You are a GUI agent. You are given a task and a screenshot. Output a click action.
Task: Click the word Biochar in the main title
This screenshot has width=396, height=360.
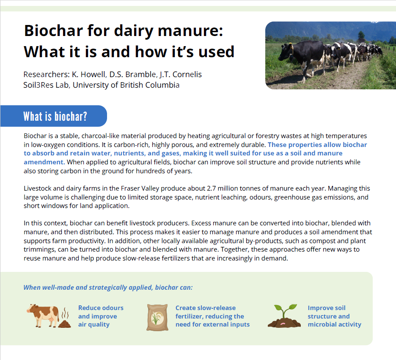(x=53, y=30)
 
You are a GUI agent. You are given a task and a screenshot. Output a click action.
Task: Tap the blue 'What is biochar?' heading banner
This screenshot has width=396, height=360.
(x=54, y=116)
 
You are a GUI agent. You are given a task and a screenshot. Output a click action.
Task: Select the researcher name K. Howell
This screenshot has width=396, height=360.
(x=88, y=74)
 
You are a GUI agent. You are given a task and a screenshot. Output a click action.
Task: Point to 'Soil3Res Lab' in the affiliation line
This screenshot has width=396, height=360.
(x=46, y=85)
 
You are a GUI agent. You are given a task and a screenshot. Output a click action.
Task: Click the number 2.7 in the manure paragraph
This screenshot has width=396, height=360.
(x=212, y=188)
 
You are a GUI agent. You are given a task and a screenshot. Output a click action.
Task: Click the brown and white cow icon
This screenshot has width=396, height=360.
(x=43, y=316)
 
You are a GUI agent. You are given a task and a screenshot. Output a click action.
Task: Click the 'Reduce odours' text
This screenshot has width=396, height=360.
(x=101, y=307)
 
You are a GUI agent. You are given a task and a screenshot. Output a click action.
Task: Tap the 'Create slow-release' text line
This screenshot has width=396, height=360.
(x=206, y=307)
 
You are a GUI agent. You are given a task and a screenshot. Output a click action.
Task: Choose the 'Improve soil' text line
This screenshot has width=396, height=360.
(x=327, y=308)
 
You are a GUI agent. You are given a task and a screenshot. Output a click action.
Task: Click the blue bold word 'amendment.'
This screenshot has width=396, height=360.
(x=44, y=162)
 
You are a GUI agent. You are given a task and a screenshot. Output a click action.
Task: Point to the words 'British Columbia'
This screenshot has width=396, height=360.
(x=150, y=85)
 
